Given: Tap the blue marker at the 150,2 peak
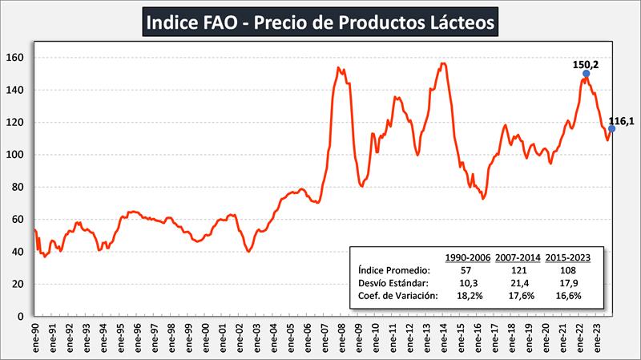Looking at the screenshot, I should [586, 74].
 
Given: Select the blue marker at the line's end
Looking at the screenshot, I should [611, 128].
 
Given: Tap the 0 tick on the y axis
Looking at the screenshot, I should [26, 316].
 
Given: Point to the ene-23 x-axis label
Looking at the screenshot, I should [597, 337].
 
